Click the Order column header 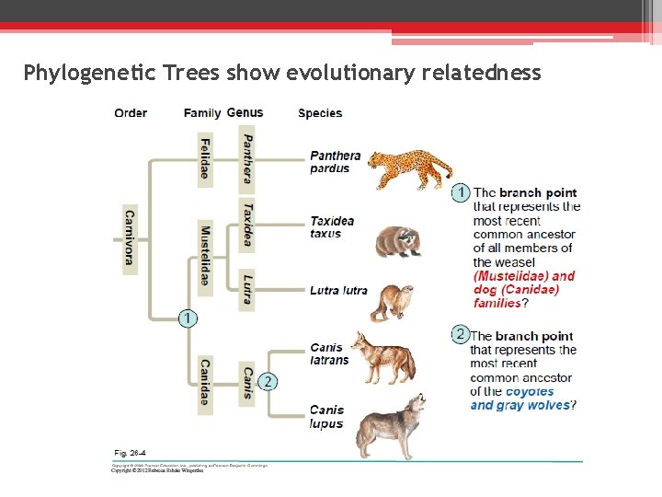pyautogui.click(x=131, y=113)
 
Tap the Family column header pyautogui.click(x=201, y=113)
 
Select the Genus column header pyautogui.click(x=245, y=112)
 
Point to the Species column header pyautogui.click(x=320, y=113)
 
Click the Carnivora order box pyautogui.click(x=130, y=235)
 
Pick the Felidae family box pyautogui.click(x=204, y=157)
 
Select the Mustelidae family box pyautogui.click(x=204, y=257)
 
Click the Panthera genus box pyautogui.click(x=246, y=157)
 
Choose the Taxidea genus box pyautogui.click(x=246, y=224)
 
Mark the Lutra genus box pyautogui.click(x=246, y=288)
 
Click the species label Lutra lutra pyautogui.click(x=338, y=290)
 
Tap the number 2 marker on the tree pyautogui.click(x=267, y=381)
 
